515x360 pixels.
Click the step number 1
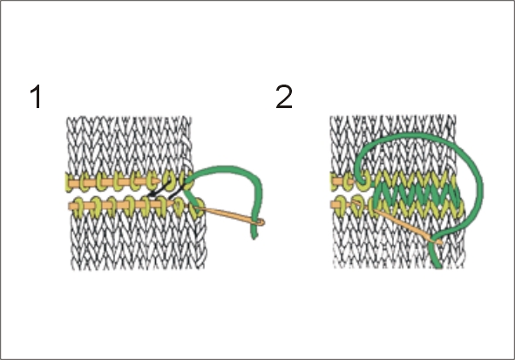tap(36, 96)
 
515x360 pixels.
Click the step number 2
tap(284, 96)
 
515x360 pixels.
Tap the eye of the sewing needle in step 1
tap(260, 222)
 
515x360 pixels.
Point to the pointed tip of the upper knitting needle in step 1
tap(159, 181)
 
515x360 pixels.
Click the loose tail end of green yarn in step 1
tap(254, 235)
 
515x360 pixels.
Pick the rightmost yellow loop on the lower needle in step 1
tap(199, 207)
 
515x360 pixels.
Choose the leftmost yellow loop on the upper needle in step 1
tap(69, 182)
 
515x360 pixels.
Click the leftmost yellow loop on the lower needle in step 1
tap(78, 207)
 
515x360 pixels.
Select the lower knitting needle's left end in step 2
tap(332, 205)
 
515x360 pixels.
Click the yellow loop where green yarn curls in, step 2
tap(364, 181)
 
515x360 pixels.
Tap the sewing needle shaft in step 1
tap(227, 214)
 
